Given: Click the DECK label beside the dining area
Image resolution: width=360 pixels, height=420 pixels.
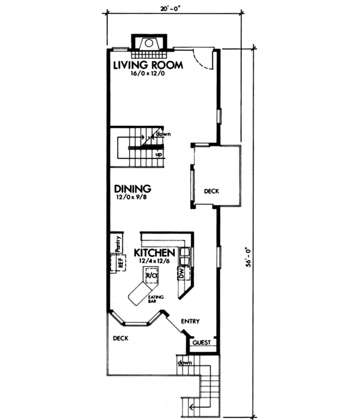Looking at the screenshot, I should tap(211, 192).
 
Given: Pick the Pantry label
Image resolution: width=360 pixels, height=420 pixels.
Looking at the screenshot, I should tap(118, 244).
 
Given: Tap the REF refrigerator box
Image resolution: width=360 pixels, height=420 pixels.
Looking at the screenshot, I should tap(119, 263).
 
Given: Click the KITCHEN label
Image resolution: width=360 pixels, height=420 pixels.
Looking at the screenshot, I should tap(154, 253).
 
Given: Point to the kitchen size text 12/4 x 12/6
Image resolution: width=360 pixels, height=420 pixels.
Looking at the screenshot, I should tap(153, 262).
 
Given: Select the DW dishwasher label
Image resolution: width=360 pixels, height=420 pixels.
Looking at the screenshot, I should tap(180, 273).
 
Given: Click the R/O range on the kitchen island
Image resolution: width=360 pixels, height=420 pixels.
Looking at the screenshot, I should tap(152, 275).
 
